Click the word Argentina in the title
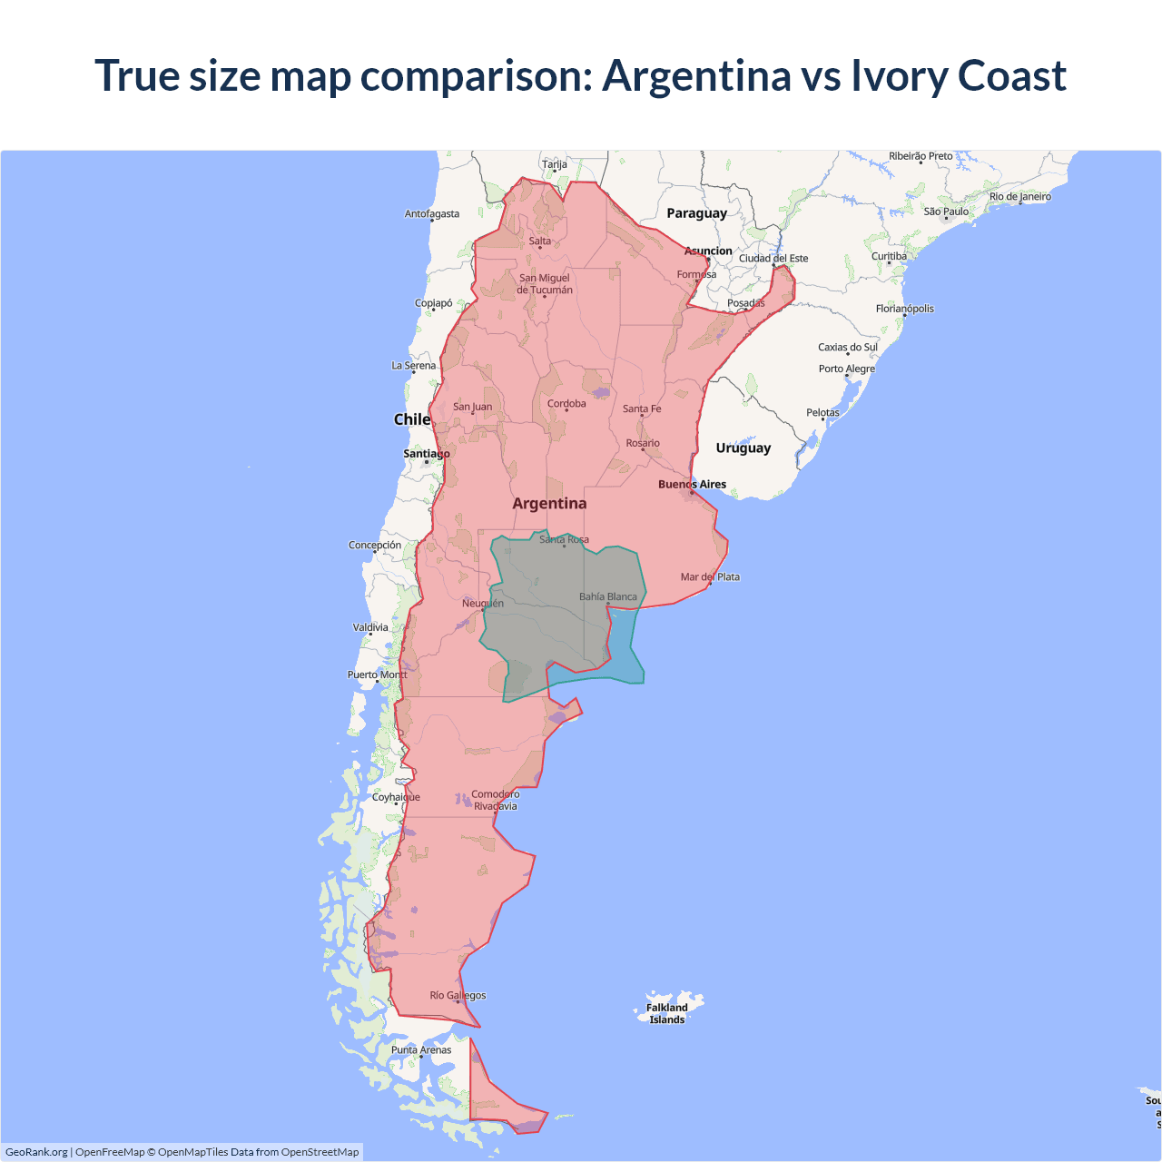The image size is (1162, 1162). coord(696,75)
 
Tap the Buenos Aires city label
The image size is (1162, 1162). coord(692,485)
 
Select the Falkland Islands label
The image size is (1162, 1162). coord(667,1013)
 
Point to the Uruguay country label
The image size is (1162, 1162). coord(743,448)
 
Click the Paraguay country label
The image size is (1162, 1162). coord(696,213)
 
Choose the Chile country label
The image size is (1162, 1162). coord(411,419)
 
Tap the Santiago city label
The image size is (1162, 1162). coord(427,454)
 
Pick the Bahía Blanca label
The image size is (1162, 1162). coord(608,597)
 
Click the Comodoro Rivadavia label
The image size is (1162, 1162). coord(496,800)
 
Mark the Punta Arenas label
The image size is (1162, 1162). coord(421,1050)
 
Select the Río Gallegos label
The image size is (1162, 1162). coord(458,996)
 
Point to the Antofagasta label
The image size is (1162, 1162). coord(432,214)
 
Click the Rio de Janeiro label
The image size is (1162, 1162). coord(1020,197)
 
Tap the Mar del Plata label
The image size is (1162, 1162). coord(710,577)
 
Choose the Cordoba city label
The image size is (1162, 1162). coord(566,404)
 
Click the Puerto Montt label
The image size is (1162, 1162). coord(378,675)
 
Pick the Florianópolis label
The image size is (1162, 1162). coord(904,309)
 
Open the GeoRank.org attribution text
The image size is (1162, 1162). coord(36,1152)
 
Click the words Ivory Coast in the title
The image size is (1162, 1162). coord(958,75)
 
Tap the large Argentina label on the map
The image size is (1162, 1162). coord(549,504)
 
